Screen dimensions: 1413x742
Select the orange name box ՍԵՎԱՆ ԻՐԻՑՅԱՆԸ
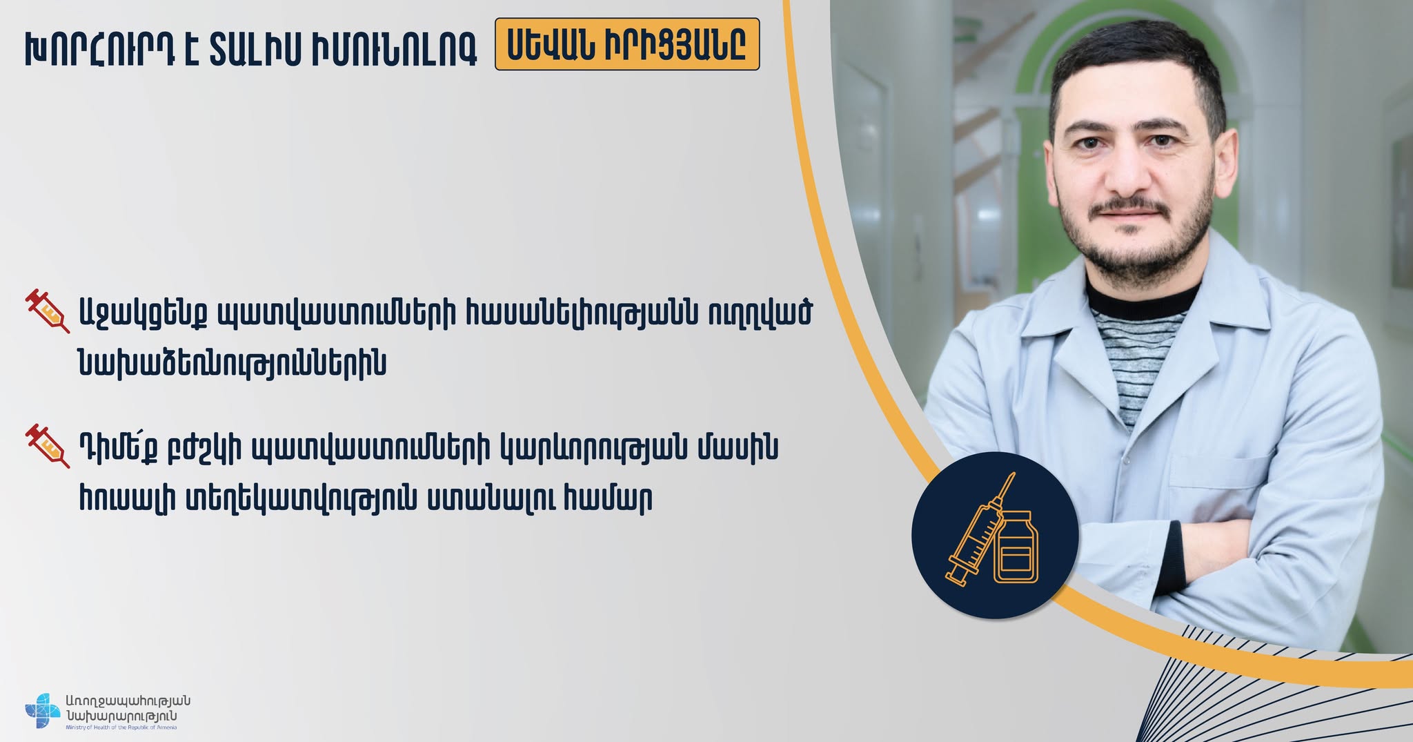point(627,45)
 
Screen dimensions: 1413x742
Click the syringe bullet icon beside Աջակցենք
point(48,312)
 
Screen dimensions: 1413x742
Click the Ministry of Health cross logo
point(43,711)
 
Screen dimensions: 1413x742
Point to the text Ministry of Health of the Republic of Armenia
point(121,728)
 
